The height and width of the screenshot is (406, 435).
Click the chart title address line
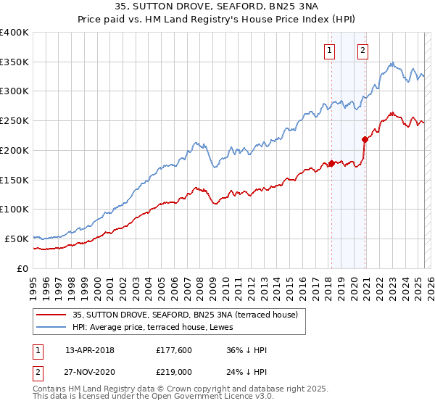[217, 9]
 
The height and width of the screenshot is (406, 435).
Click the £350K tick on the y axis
[15, 62]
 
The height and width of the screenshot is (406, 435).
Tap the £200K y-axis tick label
[15, 150]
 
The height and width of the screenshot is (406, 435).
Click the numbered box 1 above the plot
[330, 51]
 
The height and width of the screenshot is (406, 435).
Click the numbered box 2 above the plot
[362, 51]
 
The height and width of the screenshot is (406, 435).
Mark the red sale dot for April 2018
[331, 163]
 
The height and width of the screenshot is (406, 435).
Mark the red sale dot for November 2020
[365, 139]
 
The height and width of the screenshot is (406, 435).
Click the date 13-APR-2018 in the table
[90, 350]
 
